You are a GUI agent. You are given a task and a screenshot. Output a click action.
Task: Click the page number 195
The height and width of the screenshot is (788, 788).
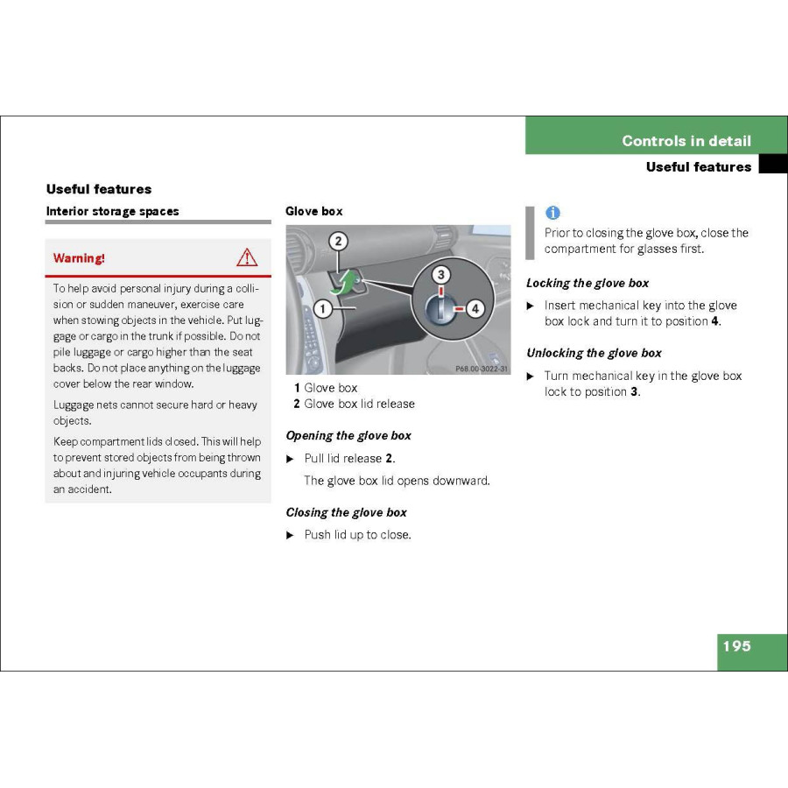coord(736,646)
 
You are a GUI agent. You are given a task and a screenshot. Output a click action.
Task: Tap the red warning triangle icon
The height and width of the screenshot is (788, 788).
coord(247,257)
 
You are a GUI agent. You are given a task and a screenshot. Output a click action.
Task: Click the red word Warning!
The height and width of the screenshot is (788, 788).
coord(79,258)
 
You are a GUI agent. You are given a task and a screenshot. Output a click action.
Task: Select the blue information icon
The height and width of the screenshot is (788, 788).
coord(552,213)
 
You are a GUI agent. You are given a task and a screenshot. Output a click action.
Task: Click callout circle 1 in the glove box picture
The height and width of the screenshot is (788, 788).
coord(322,307)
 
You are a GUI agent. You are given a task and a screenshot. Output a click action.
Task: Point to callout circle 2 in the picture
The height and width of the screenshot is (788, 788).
coord(338,241)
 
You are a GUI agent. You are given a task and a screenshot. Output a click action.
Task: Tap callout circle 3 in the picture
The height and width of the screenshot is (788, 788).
coord(441,275)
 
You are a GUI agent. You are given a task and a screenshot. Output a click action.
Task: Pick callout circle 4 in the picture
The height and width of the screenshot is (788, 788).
coord(475,308)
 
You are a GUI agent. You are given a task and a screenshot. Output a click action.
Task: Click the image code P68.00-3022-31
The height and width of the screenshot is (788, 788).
coord(481,369)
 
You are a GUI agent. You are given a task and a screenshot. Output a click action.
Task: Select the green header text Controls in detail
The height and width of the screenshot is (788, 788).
coord(686,141)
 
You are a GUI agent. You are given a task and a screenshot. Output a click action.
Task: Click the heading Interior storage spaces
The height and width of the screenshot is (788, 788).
coord(112,211)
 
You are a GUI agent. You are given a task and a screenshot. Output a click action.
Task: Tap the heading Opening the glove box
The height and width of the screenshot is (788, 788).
coord(348,435)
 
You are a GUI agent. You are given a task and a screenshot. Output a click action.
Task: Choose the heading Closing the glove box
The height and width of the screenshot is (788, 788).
coord(346,512)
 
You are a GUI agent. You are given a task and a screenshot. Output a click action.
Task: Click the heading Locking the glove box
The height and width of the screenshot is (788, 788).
coord(587,283)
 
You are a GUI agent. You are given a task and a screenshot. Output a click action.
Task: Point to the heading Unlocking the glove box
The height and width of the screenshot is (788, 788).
coord(594,353)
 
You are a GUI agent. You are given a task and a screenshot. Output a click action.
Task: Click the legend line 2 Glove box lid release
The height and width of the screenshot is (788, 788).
coord(354,404)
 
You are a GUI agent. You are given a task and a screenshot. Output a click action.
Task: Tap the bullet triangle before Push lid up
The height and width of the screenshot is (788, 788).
coord(291,535)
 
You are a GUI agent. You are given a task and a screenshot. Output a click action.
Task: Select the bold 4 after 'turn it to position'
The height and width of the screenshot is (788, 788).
coord(714,321)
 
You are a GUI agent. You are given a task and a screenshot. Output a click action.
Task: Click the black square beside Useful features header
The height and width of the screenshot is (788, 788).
coord(772,165)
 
